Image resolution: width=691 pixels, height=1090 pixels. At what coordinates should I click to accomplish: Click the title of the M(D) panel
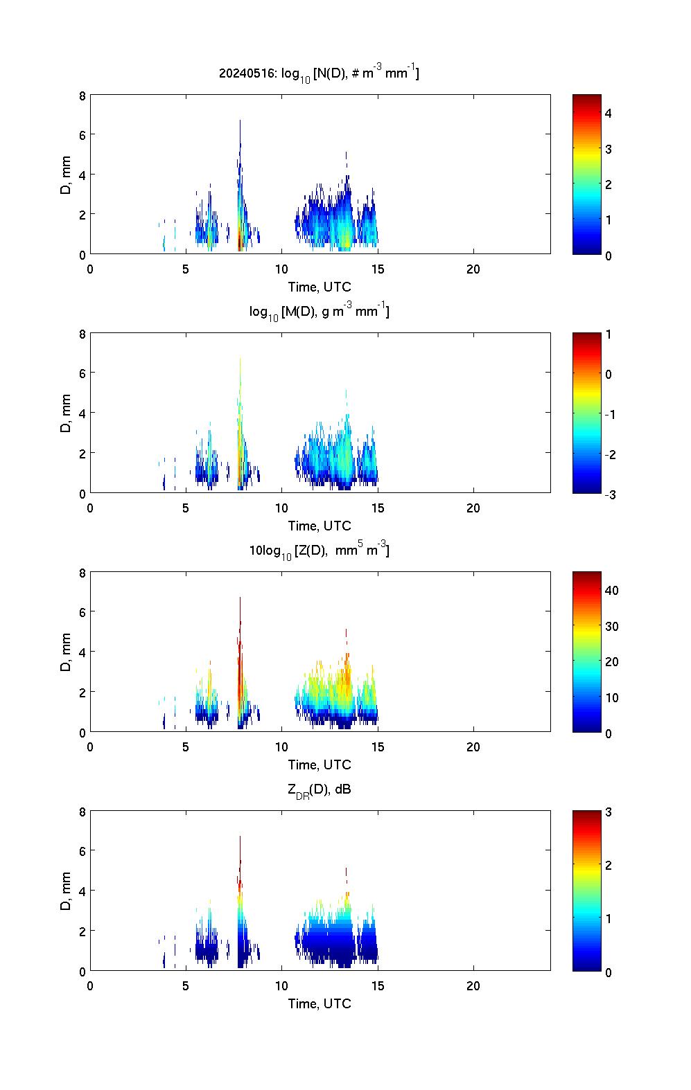pos(319,312)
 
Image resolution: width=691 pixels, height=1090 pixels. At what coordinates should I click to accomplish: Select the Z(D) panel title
pos(319,551)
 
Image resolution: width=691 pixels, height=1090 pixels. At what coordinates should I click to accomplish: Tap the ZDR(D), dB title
pos(319,789)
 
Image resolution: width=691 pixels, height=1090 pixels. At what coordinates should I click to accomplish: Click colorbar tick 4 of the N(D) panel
pos(609,113)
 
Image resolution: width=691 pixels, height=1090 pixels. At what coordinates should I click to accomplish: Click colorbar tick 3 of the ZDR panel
pos(609,812)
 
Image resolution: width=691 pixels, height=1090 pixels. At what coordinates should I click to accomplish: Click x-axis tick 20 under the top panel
pos(473,269)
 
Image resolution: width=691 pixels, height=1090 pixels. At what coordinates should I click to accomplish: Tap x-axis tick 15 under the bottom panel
pos(378,986)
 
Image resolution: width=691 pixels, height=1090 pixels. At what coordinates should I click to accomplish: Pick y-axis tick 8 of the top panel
pos(82,96)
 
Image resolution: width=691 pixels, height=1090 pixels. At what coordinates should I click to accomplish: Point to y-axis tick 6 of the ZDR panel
pos(82,851)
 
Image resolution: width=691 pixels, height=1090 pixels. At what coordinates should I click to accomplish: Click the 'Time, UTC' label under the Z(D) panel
pos(320,765)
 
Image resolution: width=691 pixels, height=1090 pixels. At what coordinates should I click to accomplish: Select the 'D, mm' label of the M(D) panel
pos(67,413)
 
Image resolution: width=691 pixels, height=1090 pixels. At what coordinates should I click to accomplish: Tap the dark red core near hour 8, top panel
pos(240,242)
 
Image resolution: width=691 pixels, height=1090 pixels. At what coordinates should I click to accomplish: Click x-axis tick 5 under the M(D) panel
pos(186,508)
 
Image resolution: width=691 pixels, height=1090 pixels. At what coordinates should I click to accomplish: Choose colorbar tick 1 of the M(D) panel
pos(609,334)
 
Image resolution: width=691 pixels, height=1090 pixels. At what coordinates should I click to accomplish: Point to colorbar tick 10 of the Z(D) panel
pos(611,697)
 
